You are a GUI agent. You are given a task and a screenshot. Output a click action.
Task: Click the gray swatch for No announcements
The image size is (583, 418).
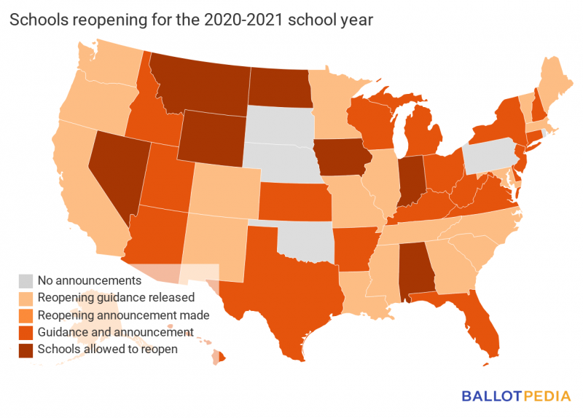coord(26,280)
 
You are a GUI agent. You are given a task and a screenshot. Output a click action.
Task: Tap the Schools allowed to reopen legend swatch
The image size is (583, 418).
coord(26,350)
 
